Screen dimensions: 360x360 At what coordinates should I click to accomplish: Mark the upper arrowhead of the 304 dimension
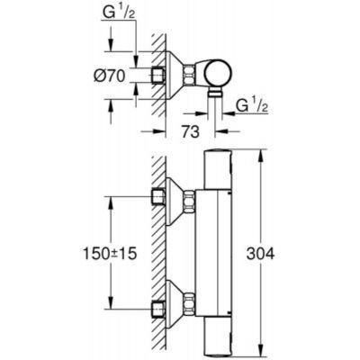261,148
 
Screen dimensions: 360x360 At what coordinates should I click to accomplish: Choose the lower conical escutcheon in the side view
178,305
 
